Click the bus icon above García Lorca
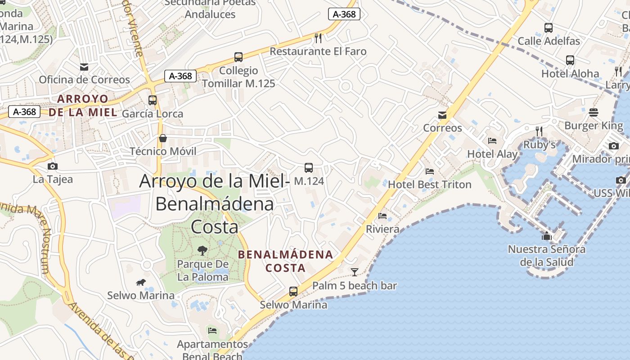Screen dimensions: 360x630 pyautogui.click(x=153, y=100)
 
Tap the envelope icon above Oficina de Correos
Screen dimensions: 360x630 pyautogui.click(x=84, y=67)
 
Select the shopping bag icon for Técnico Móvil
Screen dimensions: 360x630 pyautogui.click(x=163, y=138)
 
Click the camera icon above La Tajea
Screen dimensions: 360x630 pyautogui.click(x=53, y=166)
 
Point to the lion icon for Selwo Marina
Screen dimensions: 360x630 pyautogui.click(x=141, y=282)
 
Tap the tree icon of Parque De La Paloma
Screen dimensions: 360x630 pyautogui.click(x=202, y=250)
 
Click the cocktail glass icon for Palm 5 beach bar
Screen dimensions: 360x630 pyautogui.click(x=355, y=272)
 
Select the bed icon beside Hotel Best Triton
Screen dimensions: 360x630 pyautogui.click(x=430, y=171)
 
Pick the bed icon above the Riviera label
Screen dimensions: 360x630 pyautogui.click(x=382, y=216)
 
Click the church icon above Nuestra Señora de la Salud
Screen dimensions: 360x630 pyautogui.click(x=547, y=236)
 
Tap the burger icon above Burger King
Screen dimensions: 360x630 pyautogui.click(x=594, y=112)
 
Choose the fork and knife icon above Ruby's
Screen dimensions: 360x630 pyautogui.click(x=539, y=131)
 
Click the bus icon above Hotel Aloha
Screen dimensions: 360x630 pyautogui.click(x=570, y=60)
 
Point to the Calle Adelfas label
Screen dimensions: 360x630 pyautogui.click(x=549, y=41)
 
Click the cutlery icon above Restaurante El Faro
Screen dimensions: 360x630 pyautogui.click(x=318, y=38)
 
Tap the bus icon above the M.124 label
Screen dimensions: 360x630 pyautogui.click(x=309, y=168)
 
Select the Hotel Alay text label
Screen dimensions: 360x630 pyautogui.click(x=492, y=154)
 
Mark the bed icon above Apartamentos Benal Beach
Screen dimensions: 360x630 pyautogui.click(x=212, y=331)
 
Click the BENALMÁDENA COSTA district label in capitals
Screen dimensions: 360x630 pyautogui.click(x=286, y=261)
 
